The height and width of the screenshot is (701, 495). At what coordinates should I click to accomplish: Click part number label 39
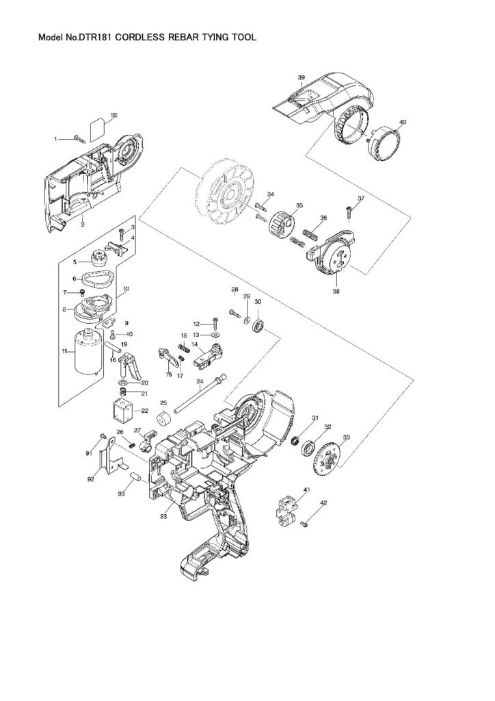pos(301,78)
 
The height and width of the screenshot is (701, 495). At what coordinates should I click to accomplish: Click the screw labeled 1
pos(77,139)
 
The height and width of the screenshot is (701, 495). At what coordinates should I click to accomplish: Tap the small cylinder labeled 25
pos(164,418)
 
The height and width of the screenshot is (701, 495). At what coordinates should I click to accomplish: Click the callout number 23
pos(164,517)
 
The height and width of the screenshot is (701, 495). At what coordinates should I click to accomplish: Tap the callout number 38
pos(336,290)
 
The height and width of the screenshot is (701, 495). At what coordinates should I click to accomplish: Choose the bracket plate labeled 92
pos(105,459)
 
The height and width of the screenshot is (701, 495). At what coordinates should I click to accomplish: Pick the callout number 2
pos(82,223)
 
